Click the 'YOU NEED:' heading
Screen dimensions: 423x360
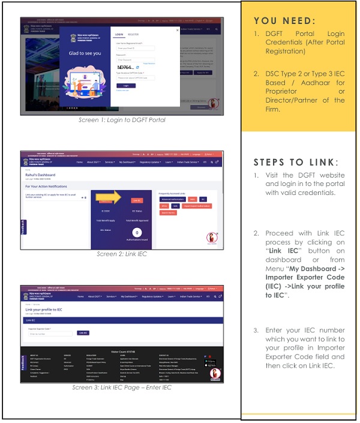(284, 21)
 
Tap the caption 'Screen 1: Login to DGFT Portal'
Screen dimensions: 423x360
(122, 120)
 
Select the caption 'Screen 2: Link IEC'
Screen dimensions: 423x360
(122, 254)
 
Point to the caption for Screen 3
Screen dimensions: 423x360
(122, 387)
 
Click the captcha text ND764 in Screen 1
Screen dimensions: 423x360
(125, 66)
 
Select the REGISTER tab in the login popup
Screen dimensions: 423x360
(133, 34)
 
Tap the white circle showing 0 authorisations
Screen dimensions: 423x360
(137, 232)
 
